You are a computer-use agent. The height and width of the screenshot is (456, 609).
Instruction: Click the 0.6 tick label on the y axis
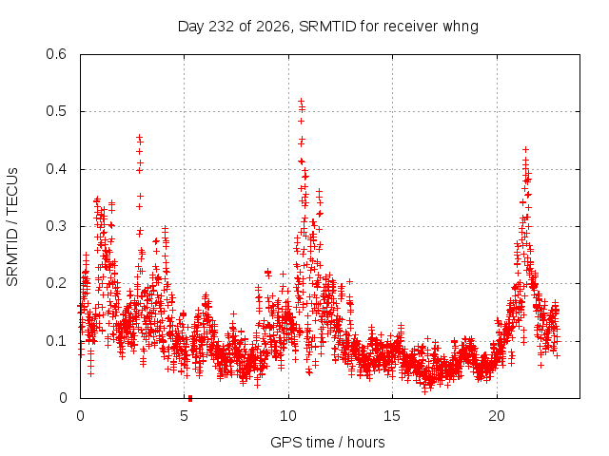click(x=56, y=54)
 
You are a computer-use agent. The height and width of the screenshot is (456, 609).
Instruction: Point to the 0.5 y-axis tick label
click(x=56, y=111)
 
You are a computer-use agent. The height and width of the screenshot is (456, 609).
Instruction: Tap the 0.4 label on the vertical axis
click(x=56, y=169)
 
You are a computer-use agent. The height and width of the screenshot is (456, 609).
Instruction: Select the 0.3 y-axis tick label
click(x=56, y=226)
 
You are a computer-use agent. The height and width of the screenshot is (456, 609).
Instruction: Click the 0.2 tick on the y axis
click(x=56, y=283)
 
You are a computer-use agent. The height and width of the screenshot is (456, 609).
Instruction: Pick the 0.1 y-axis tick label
click(x=56, y=341)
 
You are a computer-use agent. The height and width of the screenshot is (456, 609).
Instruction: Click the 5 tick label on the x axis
click(x=184, y=416)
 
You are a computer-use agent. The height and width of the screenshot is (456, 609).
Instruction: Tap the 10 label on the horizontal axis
click(x=288, y=416)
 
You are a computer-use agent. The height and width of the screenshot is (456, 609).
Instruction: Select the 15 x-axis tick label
click(x=392, y=416)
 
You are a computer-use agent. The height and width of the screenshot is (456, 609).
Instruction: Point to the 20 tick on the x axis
click(x=497, y=416)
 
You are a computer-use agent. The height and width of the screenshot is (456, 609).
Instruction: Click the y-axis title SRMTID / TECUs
click(x=12, y=227)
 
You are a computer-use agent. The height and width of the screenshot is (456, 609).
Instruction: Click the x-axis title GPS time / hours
click(x=327, y=443)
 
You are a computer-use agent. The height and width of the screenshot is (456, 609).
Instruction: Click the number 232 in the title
click(x=222, y=27)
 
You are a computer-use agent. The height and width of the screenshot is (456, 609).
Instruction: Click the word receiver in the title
click(x=411, y=27)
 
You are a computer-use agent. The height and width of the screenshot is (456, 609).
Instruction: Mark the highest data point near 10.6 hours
click(x=301, y=102)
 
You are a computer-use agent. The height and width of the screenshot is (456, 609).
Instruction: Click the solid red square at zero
click(x=190, y=398)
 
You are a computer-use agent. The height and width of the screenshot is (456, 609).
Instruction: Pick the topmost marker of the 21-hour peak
click(x=525, y=149)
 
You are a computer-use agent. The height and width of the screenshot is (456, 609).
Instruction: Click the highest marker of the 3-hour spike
click(x=139, y=137)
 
